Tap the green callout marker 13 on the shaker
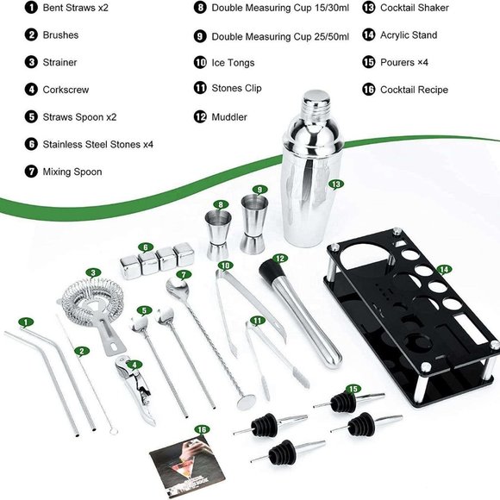(x=336, y=184)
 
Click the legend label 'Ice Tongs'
(x=236, y=62)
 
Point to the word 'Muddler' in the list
(x=229, y=116)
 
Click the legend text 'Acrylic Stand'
(x=409, y=35)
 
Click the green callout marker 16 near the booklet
(x=202, y=428)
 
